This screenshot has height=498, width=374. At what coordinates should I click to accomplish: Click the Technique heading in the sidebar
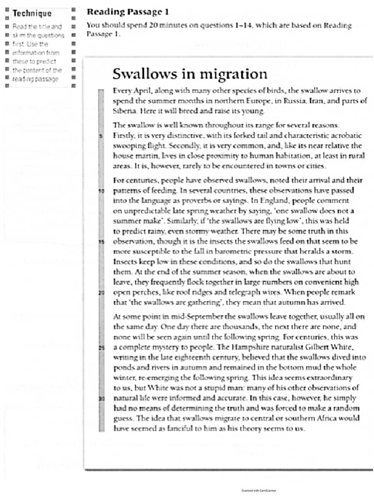point(32,13)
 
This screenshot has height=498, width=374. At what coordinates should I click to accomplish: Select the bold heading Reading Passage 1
point(128,12)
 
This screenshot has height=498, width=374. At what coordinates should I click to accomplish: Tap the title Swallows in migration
point(190,74)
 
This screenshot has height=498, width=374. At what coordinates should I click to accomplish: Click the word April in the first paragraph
point(141,90)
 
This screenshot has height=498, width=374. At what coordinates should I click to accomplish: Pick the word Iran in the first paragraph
point(313,101)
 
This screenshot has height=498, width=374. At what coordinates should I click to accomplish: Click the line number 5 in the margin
point(101,136)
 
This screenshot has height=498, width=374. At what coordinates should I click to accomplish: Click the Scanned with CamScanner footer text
point(258,491)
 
